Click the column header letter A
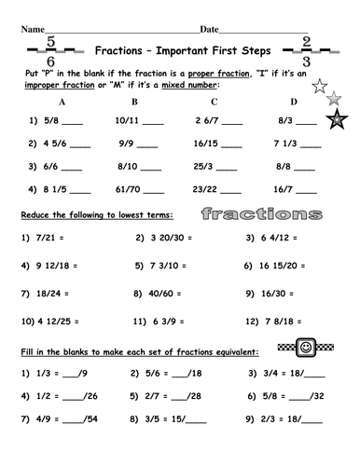[x=63, y=102]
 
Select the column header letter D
[x=295, y=102]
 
